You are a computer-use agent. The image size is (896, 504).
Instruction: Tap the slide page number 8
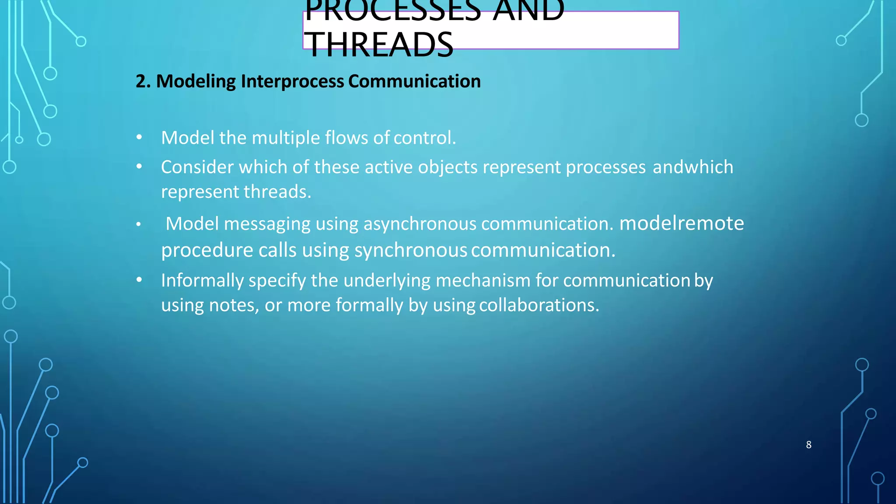[808, 445]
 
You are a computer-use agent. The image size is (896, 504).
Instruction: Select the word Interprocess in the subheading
[292, 81]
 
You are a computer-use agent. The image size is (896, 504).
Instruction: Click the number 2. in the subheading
[143, 81]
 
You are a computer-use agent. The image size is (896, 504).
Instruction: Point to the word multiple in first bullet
[286, 138]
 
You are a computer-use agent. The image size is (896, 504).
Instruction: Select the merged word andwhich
[693, 167]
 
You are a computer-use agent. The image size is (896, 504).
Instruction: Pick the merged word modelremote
[682, 223]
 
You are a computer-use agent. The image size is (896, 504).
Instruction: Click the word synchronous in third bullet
[411, 250]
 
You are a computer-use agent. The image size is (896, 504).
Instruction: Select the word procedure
[207, 250]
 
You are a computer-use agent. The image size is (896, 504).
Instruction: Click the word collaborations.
[539, 305]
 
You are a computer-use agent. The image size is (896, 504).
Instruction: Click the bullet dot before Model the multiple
[139, 138]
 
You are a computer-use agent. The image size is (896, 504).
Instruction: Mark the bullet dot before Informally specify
[139, 280]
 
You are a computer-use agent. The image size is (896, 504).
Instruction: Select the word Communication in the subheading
[414, 81]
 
